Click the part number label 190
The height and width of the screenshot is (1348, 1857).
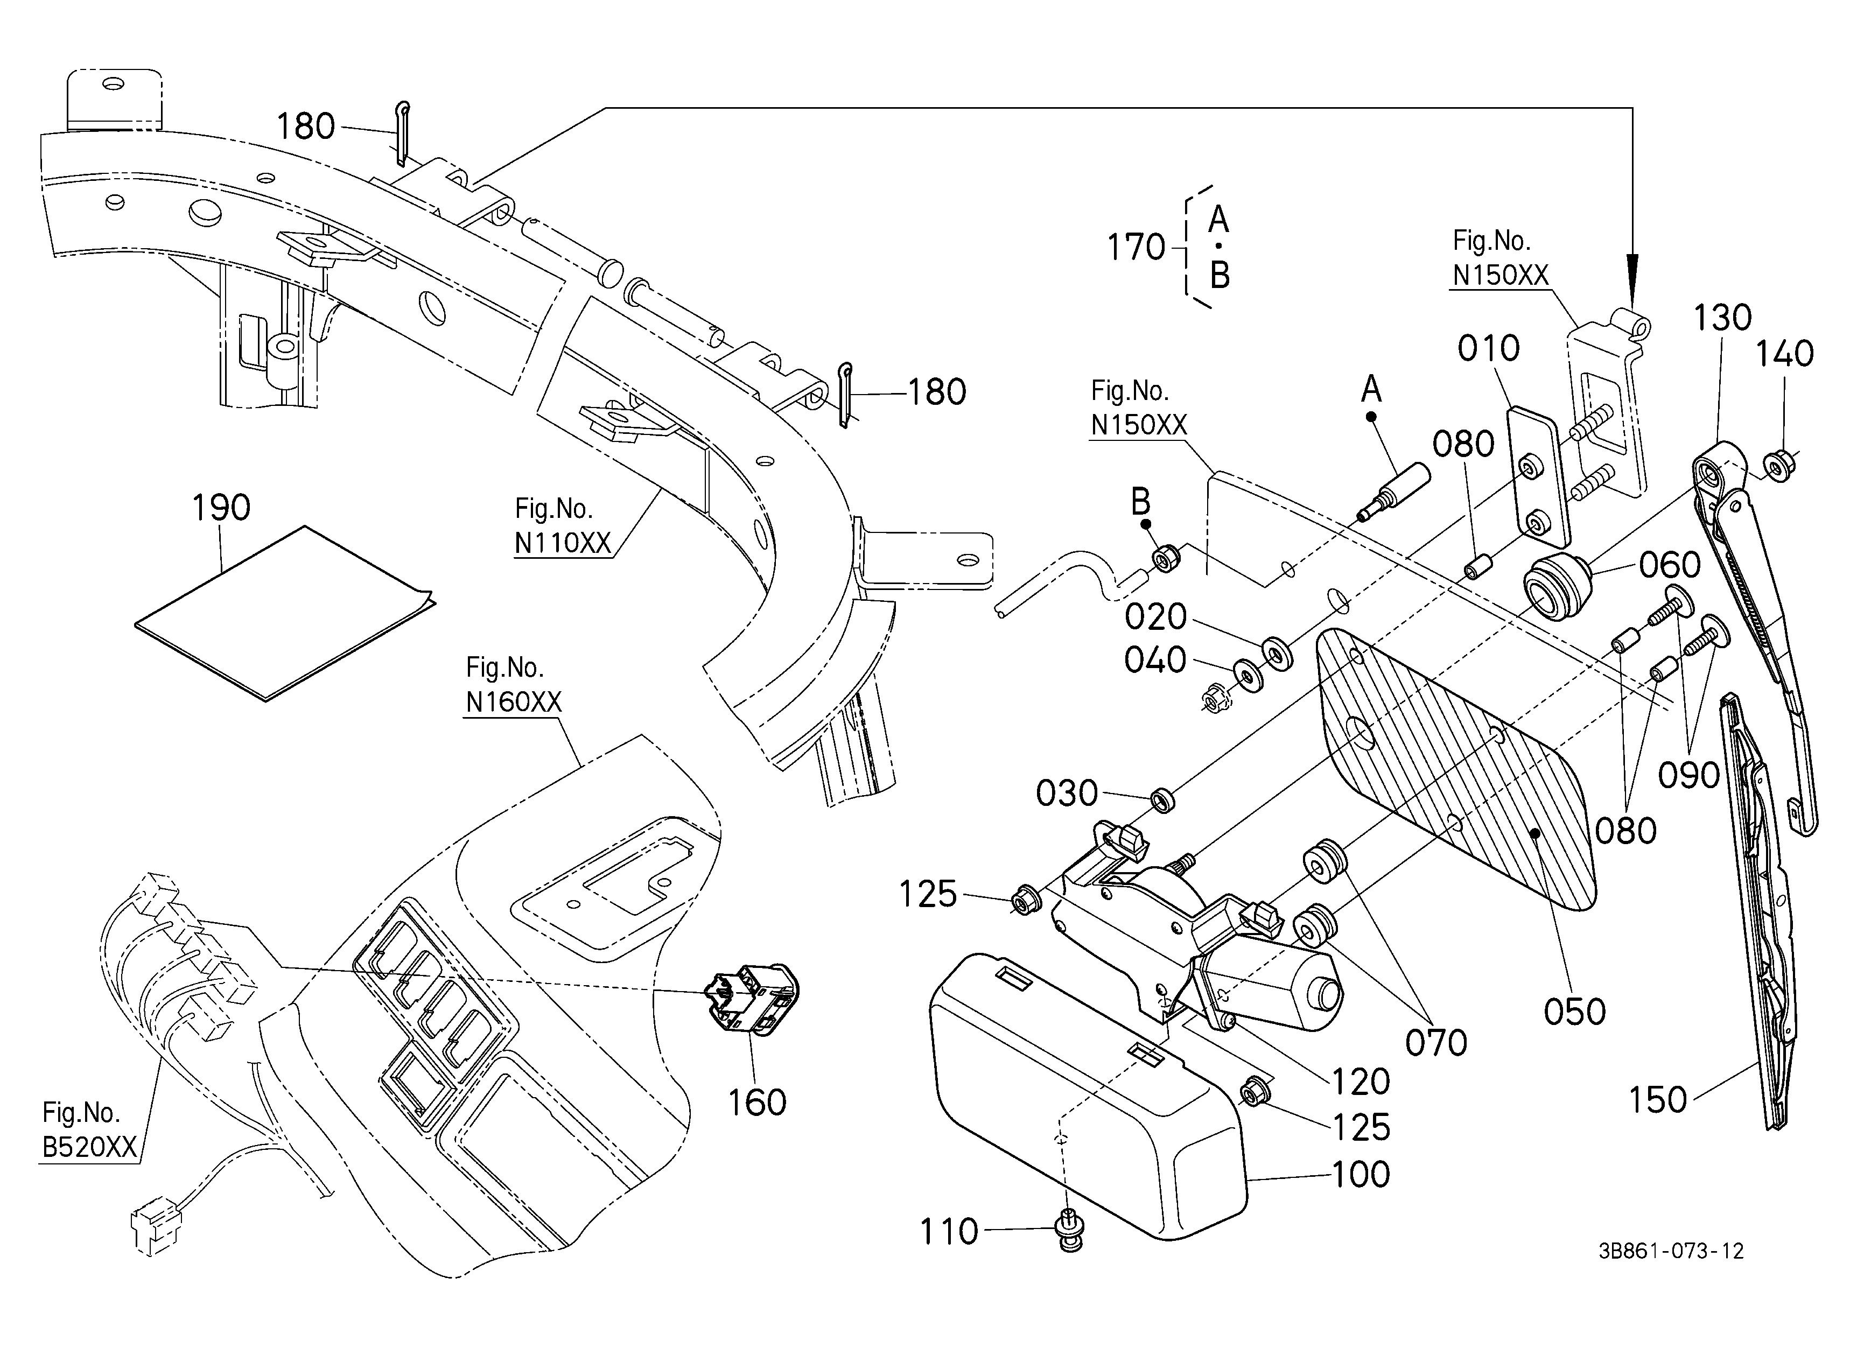221,508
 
